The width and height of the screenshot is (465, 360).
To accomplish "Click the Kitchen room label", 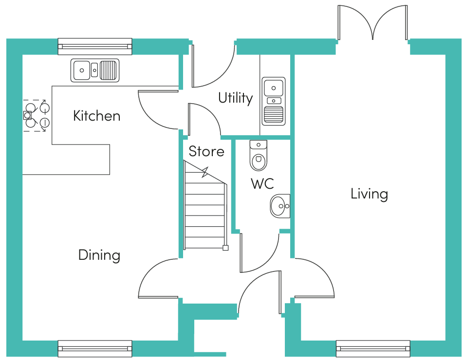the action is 97,116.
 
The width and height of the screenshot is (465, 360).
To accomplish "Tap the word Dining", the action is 99,255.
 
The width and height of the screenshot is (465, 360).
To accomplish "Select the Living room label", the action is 369,194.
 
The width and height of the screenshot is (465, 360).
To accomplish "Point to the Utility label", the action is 236,98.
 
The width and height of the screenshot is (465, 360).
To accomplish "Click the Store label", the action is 206,151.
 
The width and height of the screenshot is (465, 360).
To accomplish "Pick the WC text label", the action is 262,184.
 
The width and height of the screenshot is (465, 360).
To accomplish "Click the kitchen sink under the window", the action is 95,70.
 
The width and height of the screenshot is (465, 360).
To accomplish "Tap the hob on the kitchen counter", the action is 36,116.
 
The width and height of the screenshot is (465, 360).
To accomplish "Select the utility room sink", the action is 274,101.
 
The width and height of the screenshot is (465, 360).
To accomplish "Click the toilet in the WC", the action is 259,156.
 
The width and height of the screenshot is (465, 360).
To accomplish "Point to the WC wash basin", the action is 280,206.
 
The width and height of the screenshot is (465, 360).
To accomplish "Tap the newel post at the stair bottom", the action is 225,248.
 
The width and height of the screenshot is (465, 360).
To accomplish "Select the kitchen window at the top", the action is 95,47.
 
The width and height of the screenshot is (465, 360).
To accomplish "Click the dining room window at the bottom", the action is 95,348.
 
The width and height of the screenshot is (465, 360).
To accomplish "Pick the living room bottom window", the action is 373,348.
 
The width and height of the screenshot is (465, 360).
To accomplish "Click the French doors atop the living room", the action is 373,22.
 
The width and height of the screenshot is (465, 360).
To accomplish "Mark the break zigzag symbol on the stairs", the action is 205,172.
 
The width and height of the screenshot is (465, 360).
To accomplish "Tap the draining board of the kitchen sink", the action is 108,70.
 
